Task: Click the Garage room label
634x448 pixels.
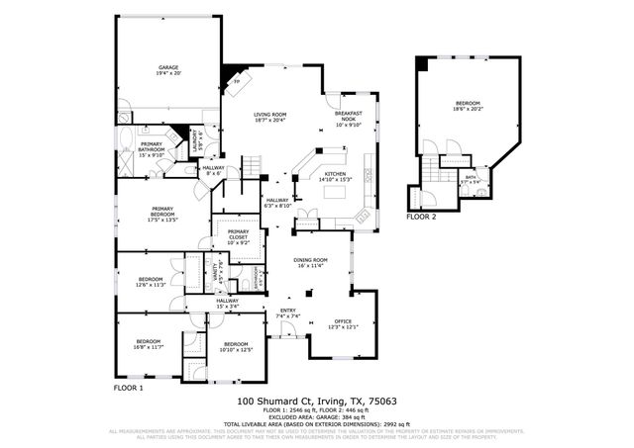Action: coord(168,70)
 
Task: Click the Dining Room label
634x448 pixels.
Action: coord(310,262)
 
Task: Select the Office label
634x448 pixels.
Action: coord(343,323)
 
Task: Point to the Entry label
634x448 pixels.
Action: coord(288,314)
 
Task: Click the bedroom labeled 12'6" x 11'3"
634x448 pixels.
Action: coord(151,282)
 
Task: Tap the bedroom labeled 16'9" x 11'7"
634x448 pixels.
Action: coord(148,344)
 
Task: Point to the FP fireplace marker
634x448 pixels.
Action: coord(236,82)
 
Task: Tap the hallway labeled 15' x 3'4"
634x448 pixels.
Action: coord(227,304)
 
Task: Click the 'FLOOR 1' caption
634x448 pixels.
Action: coord(129,389)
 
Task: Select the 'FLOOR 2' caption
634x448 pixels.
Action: coord(421,216)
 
